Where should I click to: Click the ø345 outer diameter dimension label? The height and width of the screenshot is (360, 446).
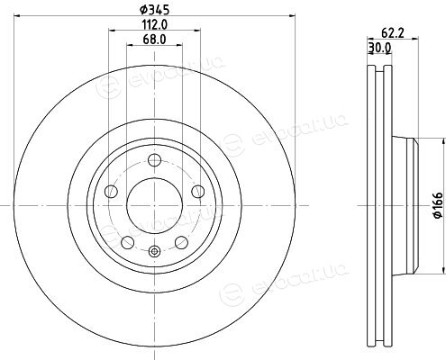point(155,10)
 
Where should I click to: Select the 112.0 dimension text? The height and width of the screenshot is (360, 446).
point(155,24)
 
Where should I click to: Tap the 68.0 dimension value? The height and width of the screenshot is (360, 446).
point(155,40)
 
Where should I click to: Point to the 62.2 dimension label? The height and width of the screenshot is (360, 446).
point(393,33)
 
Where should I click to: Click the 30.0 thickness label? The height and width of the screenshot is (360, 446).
point(379,48)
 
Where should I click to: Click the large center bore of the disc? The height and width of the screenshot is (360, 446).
point(155,205)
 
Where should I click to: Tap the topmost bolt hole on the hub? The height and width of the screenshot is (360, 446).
point(155,160)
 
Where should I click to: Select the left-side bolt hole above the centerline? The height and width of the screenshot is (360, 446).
point(111,192)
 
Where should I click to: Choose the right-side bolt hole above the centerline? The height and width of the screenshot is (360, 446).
point(198,192)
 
